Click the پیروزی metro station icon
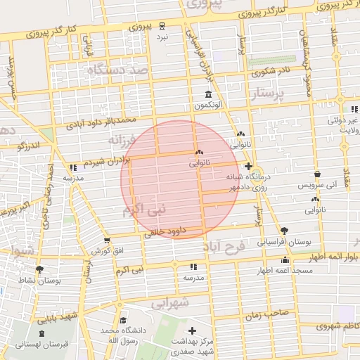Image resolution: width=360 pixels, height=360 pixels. (x=162, y=25)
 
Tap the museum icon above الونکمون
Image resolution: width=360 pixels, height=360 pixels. (x=208, y=94)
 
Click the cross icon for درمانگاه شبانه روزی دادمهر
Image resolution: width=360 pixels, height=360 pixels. (x=247, y=166)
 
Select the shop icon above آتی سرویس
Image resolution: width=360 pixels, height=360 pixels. (x=317, y=174)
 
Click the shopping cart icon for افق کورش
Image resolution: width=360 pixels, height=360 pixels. (x=106, y=240)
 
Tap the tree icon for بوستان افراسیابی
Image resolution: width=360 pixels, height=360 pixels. (x=284, y=230)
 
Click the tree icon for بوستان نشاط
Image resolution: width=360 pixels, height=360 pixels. (x=39, y=269)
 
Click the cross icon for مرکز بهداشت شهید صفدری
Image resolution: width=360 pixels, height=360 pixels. (x=192, y=330)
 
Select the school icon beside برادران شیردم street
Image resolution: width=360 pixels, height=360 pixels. (x=73, y=167)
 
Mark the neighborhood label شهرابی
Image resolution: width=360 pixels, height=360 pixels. (x=170, y=302)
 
